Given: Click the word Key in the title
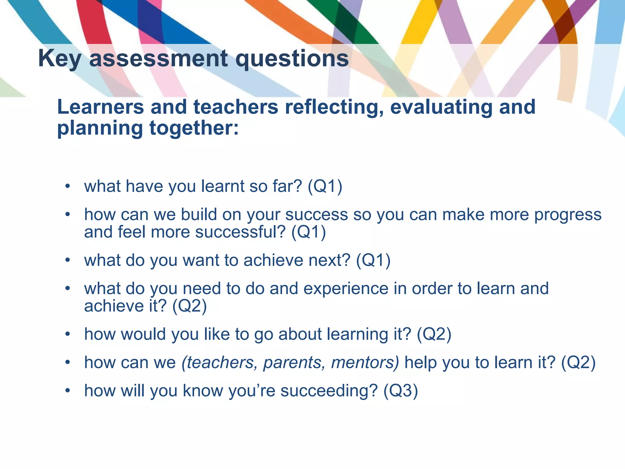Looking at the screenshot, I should pyautogui.click(x=60, y=59).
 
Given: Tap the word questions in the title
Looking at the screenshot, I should pyautogui.click(x=292, y=59).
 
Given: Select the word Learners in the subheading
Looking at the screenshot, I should pyautogui.click(x=100, y=107).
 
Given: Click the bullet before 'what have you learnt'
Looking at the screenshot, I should pyautogui.click(x=67, y=186).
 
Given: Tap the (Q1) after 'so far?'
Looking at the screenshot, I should pyautogui.click(x=325, y=186).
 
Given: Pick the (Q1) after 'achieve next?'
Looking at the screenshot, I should pyautogui.click(x=373, y=260).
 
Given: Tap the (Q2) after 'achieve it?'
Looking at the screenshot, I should pyautogui.click(x=190, y=306).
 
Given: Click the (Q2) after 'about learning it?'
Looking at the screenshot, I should pyautogui.click(x=434, y=334).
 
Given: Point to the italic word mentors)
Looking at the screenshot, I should pyautogui.click(x=365, y=362).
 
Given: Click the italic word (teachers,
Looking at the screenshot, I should pyautogui.click(x=219, y=362).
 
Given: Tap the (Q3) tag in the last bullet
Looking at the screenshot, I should pyautogui.click(x=400, y=391).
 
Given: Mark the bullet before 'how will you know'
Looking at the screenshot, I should pyautogui.click(x=67, y=391).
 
